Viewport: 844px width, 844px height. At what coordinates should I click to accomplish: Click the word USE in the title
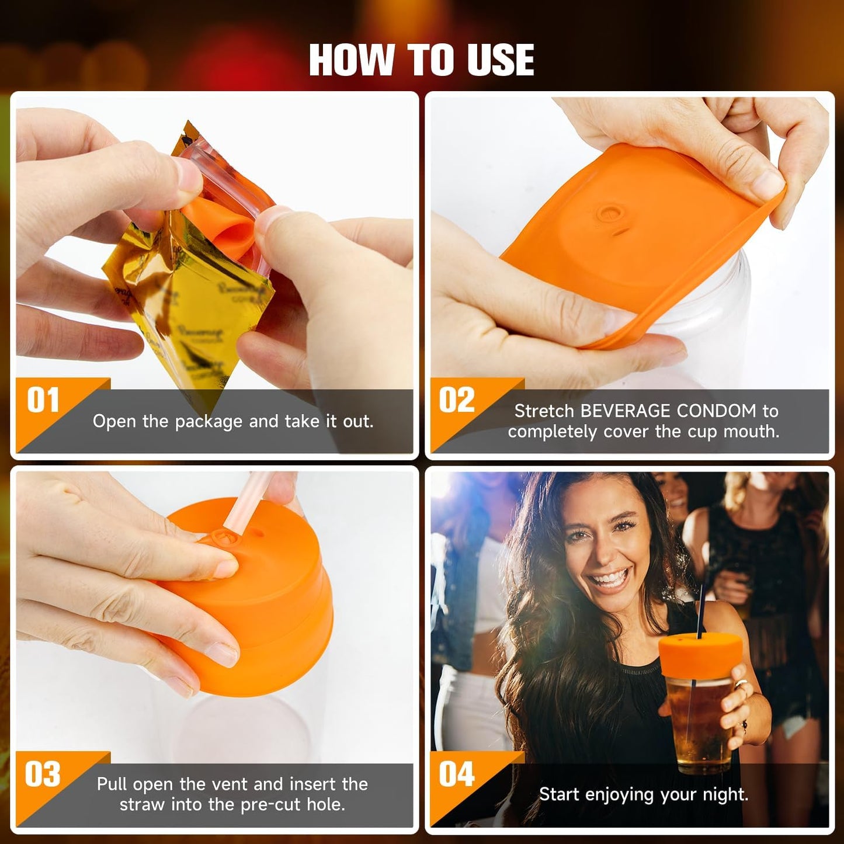501,60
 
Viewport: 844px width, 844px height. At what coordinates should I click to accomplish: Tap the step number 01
43,401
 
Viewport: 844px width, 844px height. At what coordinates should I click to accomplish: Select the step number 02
456,401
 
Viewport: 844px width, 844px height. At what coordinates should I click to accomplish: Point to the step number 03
43,774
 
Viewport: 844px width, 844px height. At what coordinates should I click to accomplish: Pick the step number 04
456,774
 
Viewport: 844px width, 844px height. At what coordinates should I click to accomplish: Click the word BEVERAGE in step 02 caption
626,411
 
